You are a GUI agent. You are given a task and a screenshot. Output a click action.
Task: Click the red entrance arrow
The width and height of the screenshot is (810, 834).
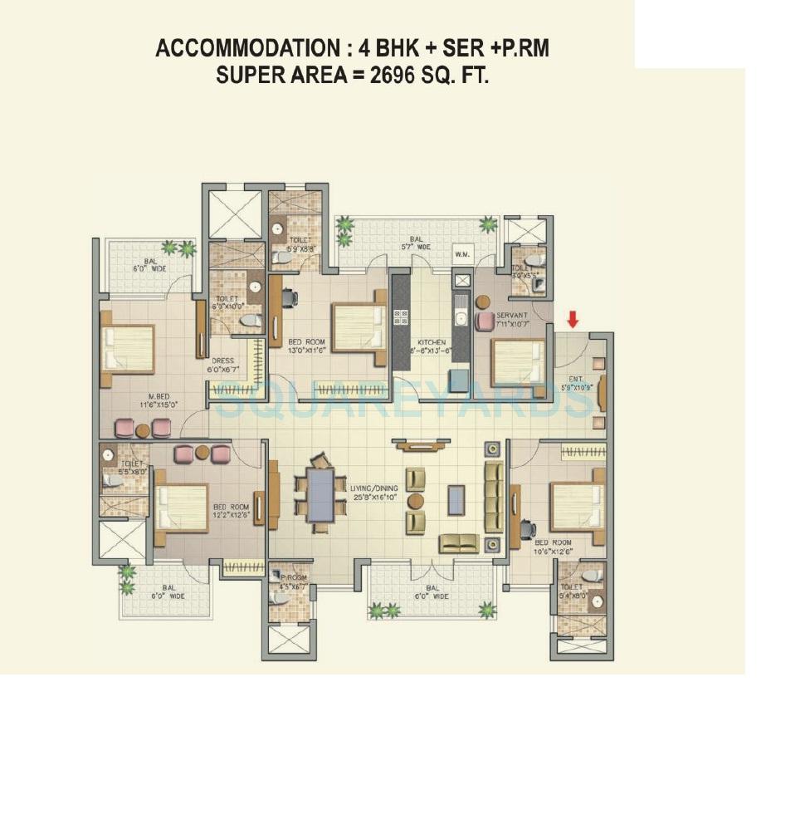(x=573, y=319)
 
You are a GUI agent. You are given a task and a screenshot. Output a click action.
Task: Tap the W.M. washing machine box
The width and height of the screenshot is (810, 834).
(x=462, y=255)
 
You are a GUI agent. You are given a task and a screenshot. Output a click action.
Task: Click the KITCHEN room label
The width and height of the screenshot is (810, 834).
(x=432, y=342)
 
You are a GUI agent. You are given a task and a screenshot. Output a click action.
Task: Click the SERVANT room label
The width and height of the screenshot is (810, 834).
(x=511, y=316)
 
